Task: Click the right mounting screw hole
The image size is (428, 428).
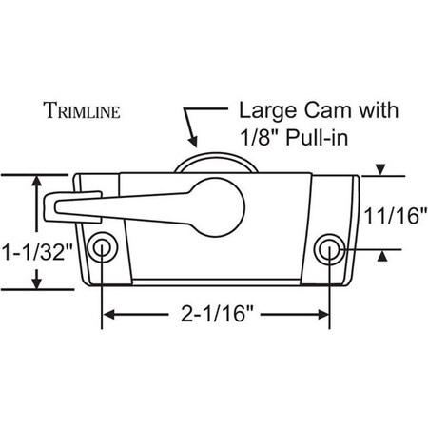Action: tap(329, 249)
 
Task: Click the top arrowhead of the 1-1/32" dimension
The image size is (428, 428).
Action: tap(38, 181)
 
